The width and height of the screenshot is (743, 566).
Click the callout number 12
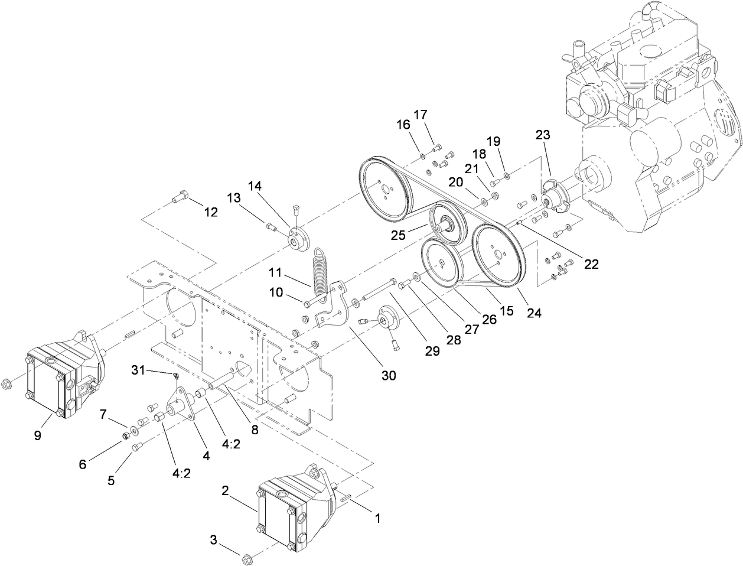[x=210, y=212]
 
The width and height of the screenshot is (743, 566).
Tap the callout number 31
[x=138, y=370]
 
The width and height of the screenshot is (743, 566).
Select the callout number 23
[x=543, y=151]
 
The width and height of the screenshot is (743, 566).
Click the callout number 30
[x=388, y=375]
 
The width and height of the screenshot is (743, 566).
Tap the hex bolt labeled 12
[x=179, y=199]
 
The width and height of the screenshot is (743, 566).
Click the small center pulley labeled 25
[x=447, y=224]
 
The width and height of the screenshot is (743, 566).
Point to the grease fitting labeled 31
[x=175, y=376]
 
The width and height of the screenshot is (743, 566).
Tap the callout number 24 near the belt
[x=534, y=314]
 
